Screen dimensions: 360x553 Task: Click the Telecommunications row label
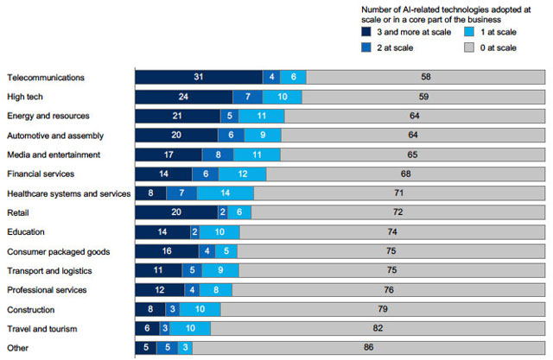click(x=45, y=78)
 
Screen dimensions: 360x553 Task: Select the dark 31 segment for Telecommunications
click(x=198, y=78)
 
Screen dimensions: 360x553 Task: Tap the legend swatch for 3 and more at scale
click(x=367, y=32)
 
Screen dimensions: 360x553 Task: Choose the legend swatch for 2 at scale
click(x=367, y=47)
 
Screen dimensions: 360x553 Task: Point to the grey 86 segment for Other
click(x=370, y=348)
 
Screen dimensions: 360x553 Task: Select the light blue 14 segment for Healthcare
click(x=226, y=193)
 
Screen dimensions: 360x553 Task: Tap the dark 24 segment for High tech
click(x=183, y=97)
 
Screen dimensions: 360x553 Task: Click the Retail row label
click(x=18, y=212)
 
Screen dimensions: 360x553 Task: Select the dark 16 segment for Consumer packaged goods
click(x=166, y=251)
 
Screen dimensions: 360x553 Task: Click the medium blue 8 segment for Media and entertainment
click(x=218, y=155)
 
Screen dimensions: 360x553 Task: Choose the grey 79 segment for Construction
click(x=382, y=309)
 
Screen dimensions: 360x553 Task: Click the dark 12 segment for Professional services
click(x=159, y=290)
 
